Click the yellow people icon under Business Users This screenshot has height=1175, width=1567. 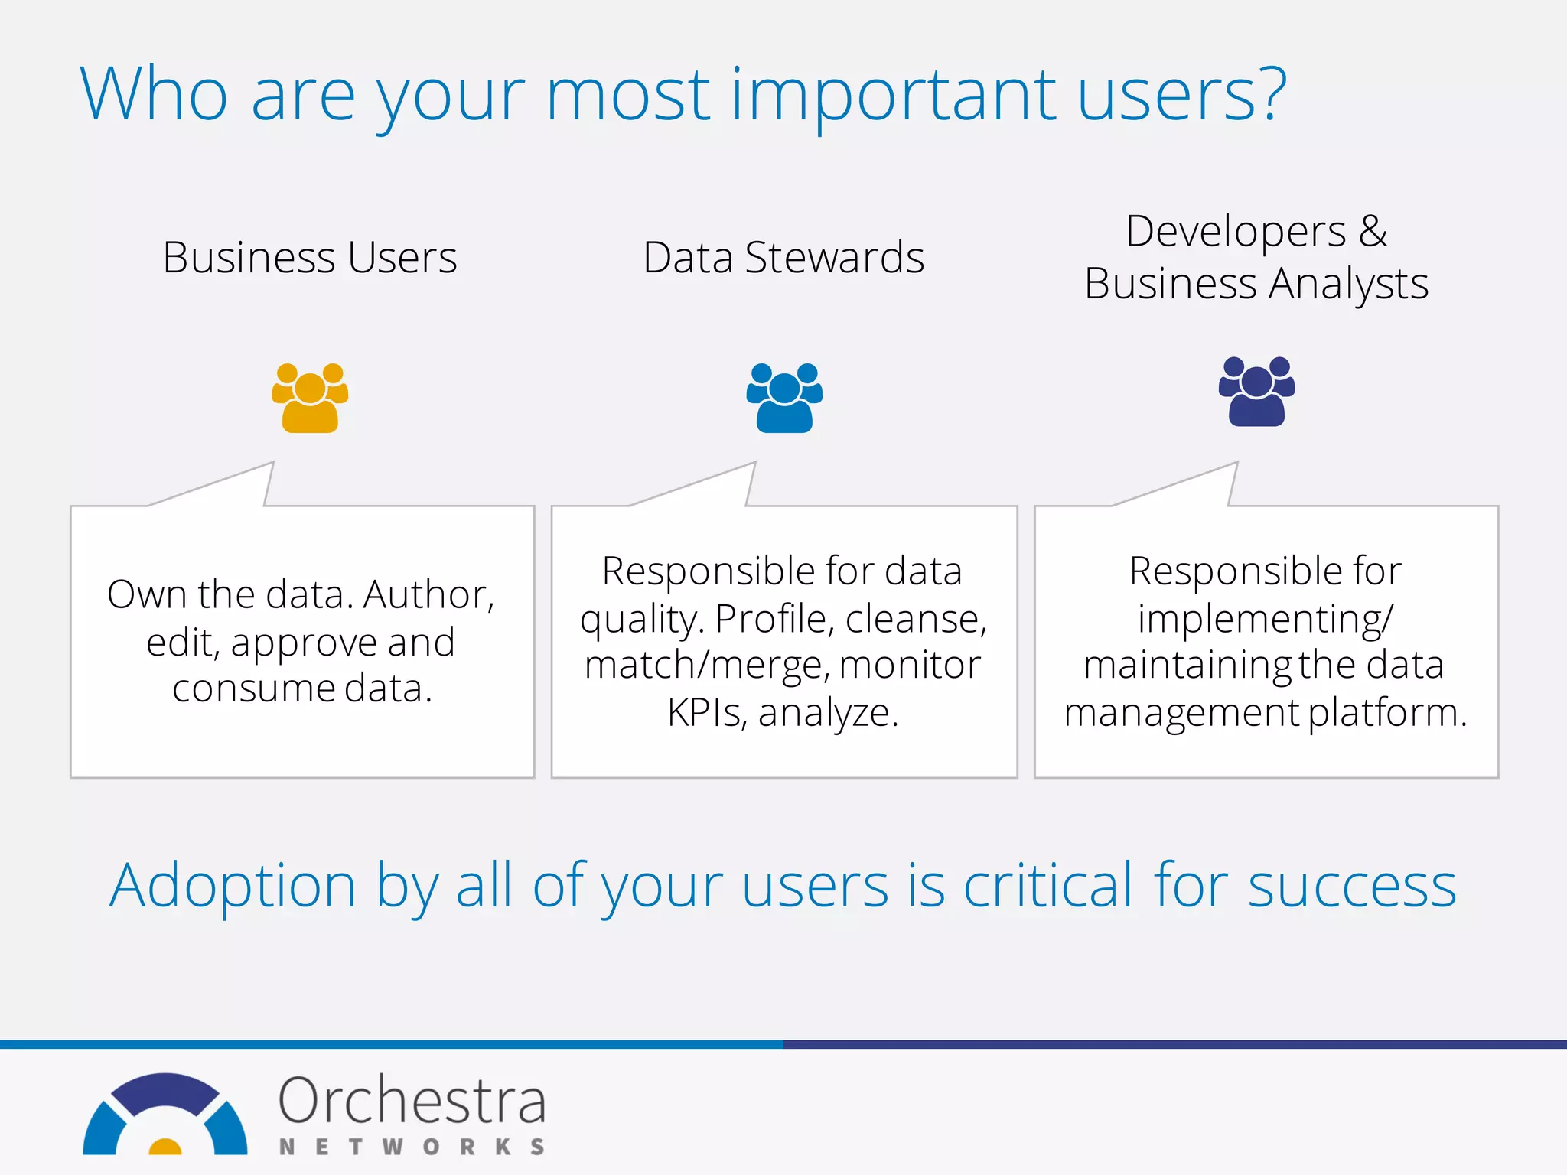click(310, 398)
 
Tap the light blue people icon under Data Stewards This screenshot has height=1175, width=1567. click(784, 398)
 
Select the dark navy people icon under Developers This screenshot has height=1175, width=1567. click(1256, 392)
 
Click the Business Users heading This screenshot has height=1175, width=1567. click(310, 258)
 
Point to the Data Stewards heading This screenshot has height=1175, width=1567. click(783, 258)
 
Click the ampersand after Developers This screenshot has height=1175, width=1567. click(1373, 231)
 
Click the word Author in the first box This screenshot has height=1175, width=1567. click(427, 594)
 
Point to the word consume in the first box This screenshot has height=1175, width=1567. click(253, 688)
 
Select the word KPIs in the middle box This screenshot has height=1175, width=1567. click(705, 713)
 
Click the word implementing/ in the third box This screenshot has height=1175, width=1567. click(1266, 619)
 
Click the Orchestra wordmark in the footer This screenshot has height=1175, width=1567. click(412, 1101)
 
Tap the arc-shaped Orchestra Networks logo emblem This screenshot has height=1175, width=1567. click(165, 1114)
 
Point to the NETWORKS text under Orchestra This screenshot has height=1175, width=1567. click(412, 1147)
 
